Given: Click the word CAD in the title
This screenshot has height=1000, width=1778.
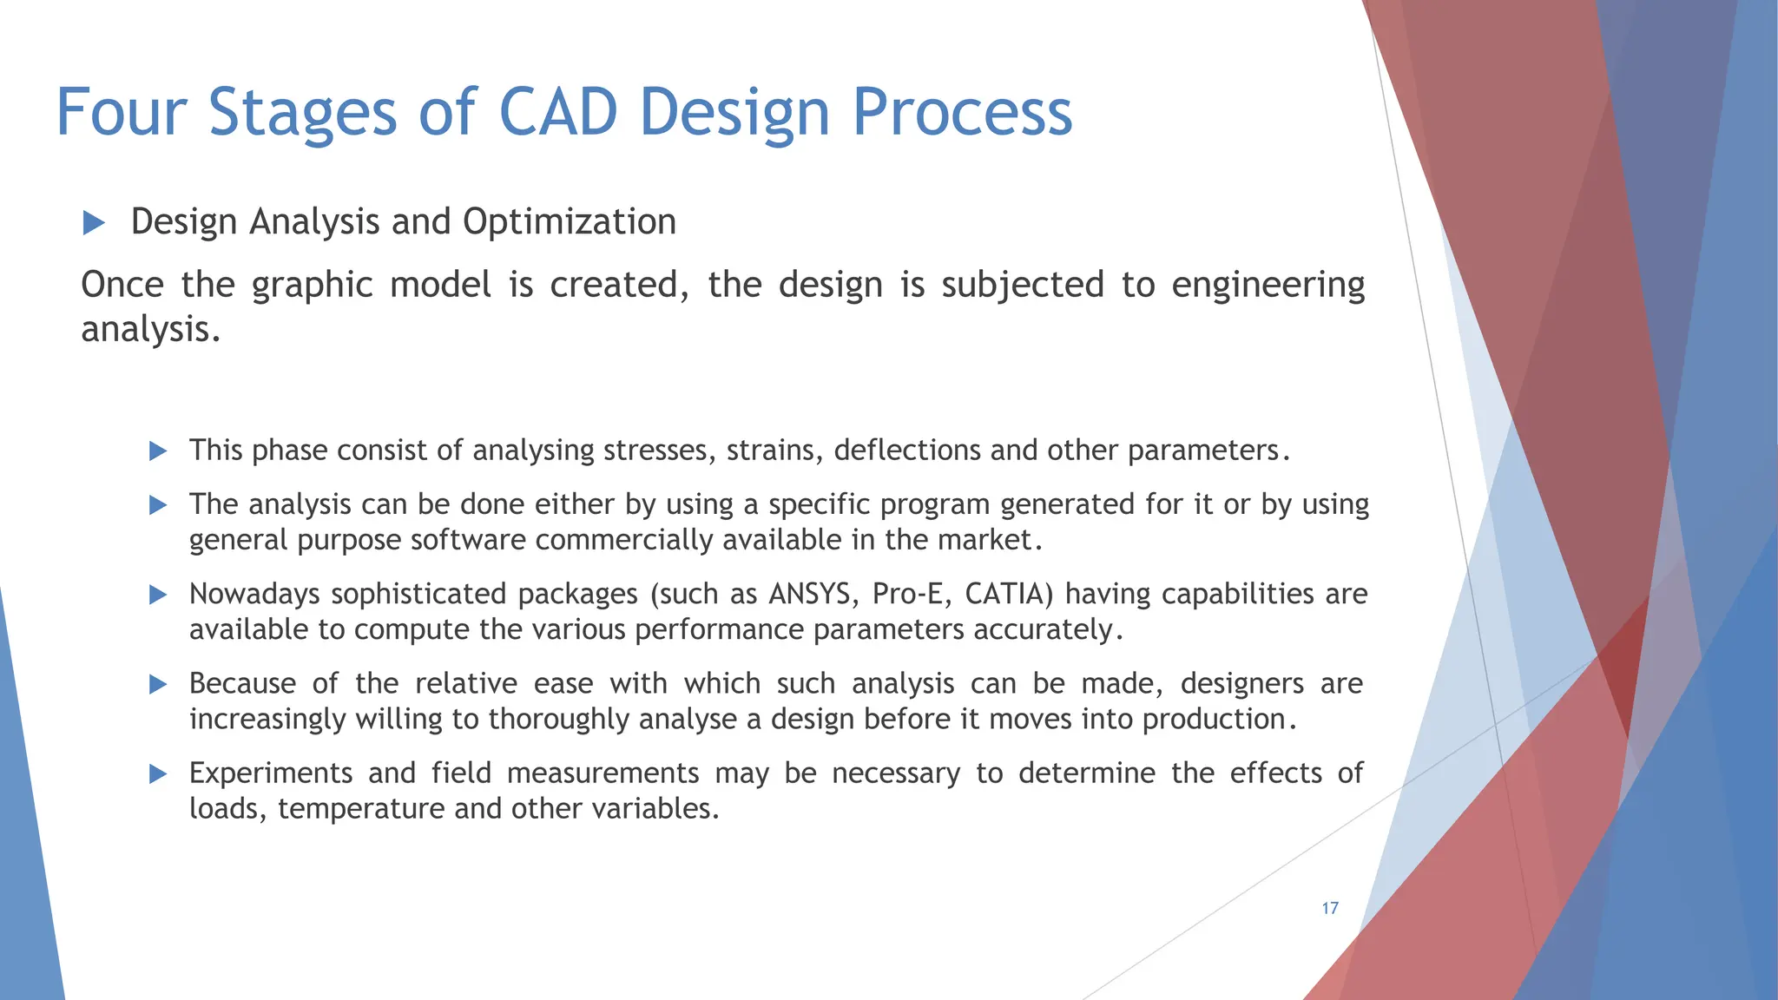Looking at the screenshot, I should pos(558,113).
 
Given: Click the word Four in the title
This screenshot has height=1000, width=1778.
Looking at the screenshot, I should pos(122,113).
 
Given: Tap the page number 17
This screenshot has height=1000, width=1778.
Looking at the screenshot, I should pos(1330,908).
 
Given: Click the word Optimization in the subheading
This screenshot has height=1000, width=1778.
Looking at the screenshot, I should pos(569,222).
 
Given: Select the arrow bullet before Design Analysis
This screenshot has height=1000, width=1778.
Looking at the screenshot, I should pos(94,223).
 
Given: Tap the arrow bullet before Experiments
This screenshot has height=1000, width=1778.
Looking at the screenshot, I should pos(158,773).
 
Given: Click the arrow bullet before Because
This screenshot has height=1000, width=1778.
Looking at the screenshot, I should pos(158,684).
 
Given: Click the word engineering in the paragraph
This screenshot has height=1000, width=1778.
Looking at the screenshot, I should pos(1268,286).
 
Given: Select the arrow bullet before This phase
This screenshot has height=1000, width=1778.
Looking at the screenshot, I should pos(158,451).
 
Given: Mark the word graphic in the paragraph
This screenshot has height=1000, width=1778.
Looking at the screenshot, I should pos(312,286).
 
